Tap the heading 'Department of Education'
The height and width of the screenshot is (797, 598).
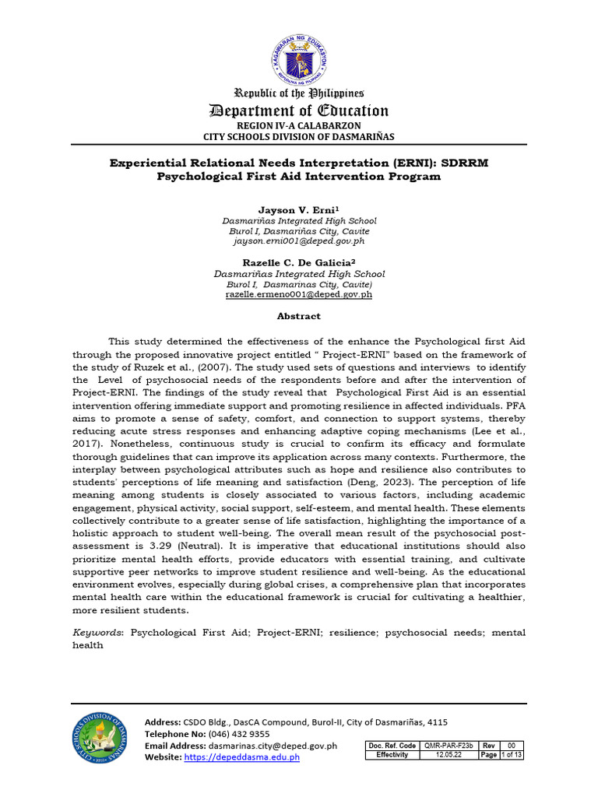coord(299,111)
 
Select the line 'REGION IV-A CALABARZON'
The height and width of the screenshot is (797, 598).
coord(299,125)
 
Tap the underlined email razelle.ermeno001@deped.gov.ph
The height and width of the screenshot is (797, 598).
coord(299,295)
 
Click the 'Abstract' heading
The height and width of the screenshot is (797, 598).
coord(299,317)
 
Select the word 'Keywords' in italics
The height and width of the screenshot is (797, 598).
coord(97,633)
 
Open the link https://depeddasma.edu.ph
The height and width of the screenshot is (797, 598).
coord(242,757)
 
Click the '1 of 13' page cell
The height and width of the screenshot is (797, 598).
coord(512,755)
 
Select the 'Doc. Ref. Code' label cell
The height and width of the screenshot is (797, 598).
coord(392,746)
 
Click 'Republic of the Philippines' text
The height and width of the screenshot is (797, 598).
coord(299,93)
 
